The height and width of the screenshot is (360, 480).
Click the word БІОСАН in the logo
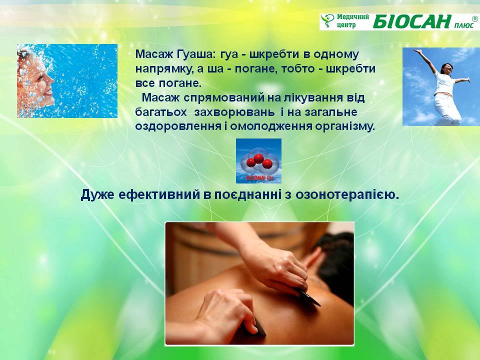point(412,21)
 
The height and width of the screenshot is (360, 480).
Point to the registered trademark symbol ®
point(475,18)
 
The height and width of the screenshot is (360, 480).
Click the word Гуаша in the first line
point(194,54)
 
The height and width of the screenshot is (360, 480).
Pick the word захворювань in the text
point(234,112)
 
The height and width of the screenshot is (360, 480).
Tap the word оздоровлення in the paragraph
point(178,126)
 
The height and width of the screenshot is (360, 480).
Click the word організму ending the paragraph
point(345,126)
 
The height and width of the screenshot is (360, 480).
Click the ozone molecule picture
point(258,161)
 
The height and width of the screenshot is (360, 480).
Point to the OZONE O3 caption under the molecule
point(259,178)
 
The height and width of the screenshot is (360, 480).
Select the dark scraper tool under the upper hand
point(307,296)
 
